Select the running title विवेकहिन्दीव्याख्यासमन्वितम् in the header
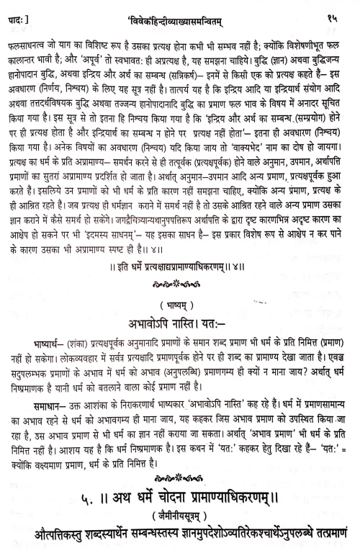click(x=180, y=9)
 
